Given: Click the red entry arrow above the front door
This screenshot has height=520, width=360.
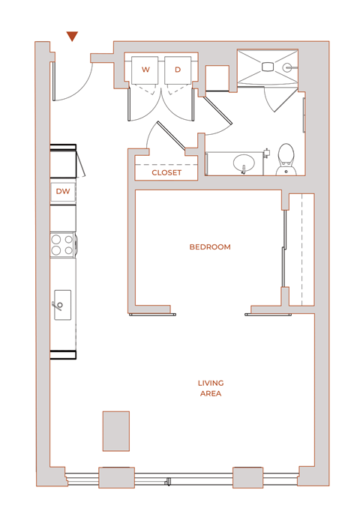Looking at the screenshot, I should tap(72, 36).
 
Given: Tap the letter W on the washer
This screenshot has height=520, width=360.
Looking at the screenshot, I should tap(145, 70).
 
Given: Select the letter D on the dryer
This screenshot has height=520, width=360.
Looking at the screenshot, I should tap(178, 70).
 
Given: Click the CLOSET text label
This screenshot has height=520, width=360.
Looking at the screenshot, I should tap(166, 172).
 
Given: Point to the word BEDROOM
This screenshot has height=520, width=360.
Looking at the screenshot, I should tap(210, 247).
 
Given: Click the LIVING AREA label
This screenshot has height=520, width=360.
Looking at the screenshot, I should tap(210, 388).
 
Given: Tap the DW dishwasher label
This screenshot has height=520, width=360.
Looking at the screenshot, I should tap(63, 192).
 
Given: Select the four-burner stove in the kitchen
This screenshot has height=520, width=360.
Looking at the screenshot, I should tap(62, 245).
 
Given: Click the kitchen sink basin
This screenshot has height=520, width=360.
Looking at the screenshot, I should tap(62, 304).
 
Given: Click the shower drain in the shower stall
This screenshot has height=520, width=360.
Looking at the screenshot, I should tap(268, 67).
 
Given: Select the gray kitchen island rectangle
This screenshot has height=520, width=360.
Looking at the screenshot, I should tap(116, 431).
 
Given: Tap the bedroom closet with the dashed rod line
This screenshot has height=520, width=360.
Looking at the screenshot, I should tap(301, 249).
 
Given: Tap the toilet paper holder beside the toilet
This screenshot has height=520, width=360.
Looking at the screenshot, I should tap(266, 152).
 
